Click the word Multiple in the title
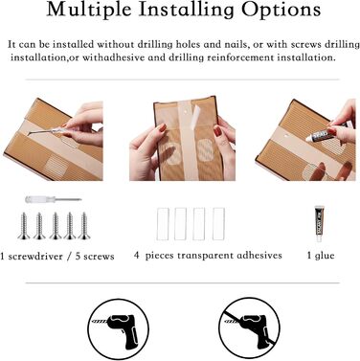click(x=89, y=10)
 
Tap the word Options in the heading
click(x=281, y=10)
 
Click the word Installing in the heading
click(x=187, y=10)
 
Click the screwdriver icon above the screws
click(x=54, y=200)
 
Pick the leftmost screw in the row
click(x=24, y=226)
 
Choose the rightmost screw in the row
click(x=84, y=226)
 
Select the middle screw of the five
click(x=56, y=226)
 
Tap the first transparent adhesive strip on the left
click(x=163, y=224)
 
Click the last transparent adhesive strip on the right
click(x=218, y=224)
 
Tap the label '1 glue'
click(x=321, y=256)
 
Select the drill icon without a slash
click(x=119, y=329)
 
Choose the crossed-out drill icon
click(x=249, y=328)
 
